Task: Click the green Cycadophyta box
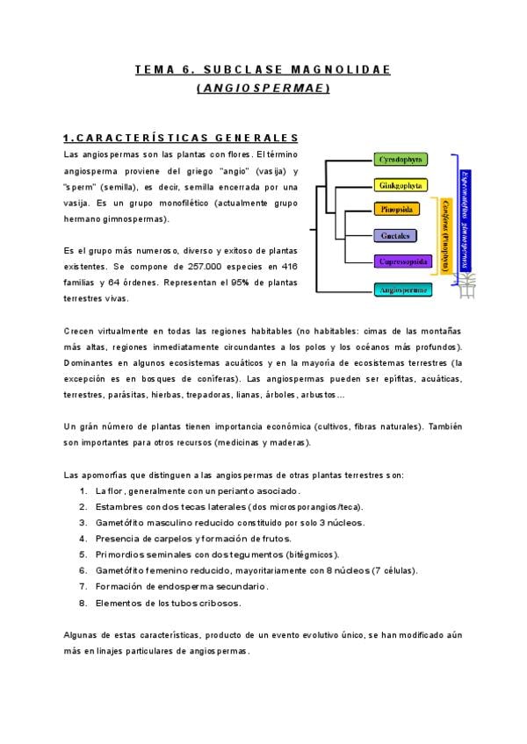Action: [x=400, y=160]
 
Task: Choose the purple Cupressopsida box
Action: [x=402, y=261]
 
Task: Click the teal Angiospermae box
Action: [x=402, y=289]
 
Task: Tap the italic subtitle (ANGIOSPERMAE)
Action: [x=263, y=88]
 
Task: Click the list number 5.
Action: [x=83, y=554]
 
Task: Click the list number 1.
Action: [x=83, y=491]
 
